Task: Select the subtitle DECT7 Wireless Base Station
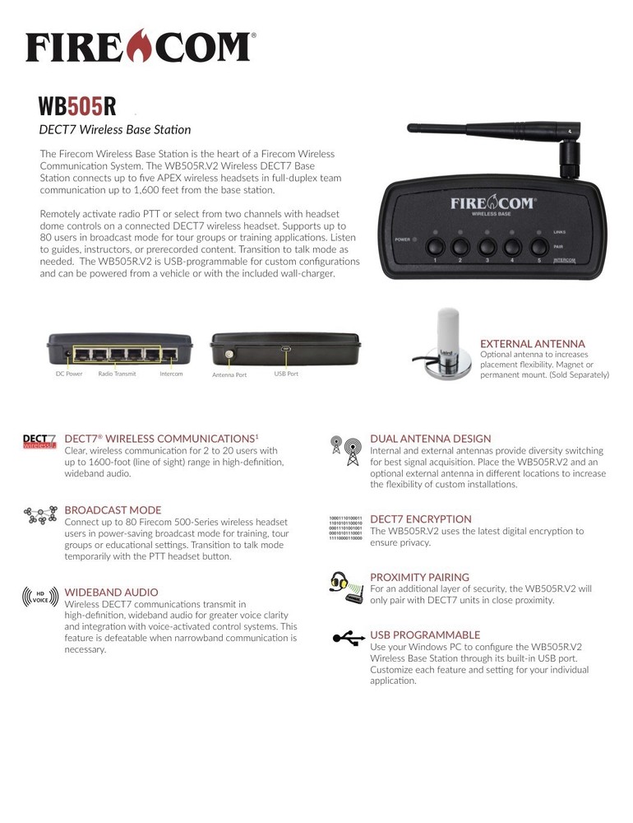115,129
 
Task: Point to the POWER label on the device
402,239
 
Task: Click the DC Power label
69,374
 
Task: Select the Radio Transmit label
116,374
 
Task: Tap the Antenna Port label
229,374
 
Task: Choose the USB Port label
286,374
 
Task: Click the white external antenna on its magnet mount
449,337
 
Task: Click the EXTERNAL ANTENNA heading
532,344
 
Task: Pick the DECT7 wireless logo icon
39,442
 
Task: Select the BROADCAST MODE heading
113,510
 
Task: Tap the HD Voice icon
39,595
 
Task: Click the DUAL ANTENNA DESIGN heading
430,439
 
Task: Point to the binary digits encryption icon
345,528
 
